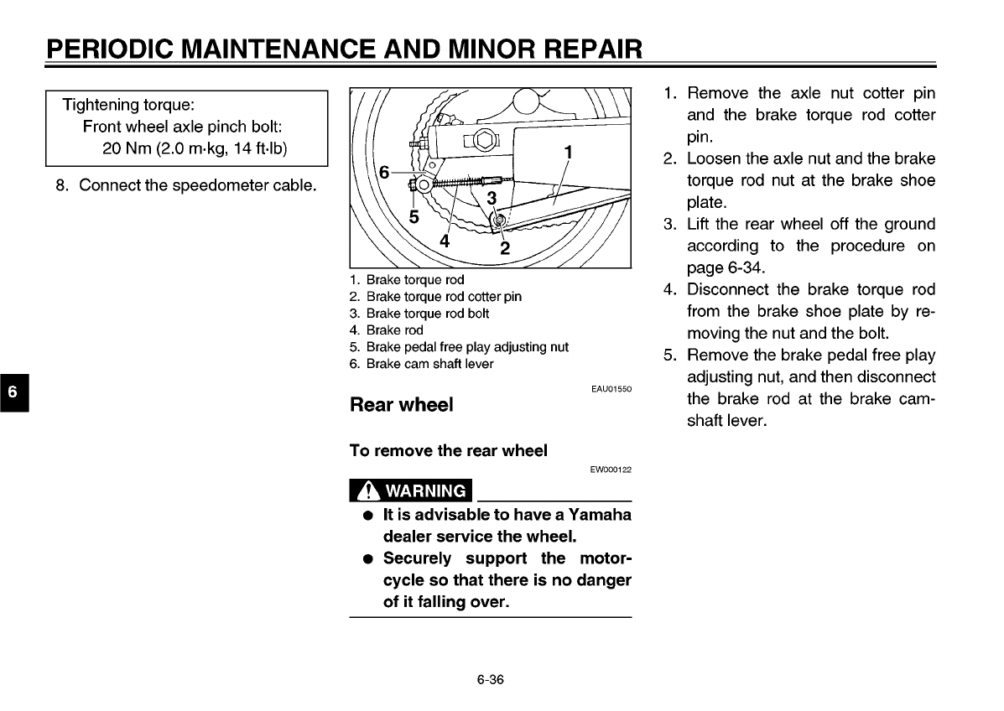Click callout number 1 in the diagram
click(569, 153)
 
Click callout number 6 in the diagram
click(384, 172)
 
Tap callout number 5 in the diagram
click(414, 216)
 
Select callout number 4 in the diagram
click(445, 240)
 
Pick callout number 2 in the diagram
click(504, 248)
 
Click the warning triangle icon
click(367, 490)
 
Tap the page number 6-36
click(490, 680)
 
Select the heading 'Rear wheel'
click(401, 405)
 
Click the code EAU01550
click(611, 390)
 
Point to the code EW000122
click(611, 470)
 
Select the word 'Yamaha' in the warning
click(599, 514)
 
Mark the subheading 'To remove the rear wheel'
click(448, 450)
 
